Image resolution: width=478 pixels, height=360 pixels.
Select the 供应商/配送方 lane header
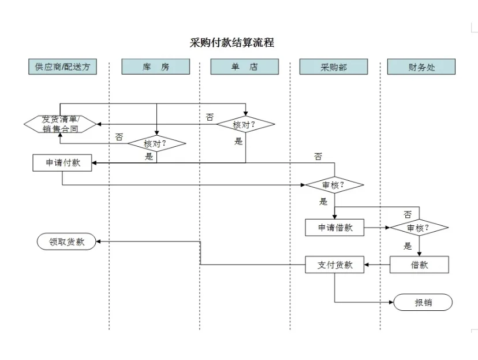[x=62, y=67]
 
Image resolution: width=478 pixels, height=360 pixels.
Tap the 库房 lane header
[x=155, y=67]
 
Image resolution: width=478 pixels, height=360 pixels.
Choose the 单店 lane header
[x=244, y=67]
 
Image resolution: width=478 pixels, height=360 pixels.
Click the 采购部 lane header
[x=333, y=67]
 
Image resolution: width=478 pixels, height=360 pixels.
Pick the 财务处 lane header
[x=421, y=67]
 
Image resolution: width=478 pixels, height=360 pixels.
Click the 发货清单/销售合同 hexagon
[x=60, y=124]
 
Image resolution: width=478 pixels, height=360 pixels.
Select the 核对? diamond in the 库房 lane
[x=156, y=143]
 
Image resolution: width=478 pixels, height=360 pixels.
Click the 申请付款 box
[x=62, y=163]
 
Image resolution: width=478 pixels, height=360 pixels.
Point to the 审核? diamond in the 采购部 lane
[x=334, y=185]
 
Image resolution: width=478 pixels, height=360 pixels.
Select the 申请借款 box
[x=334, y=228]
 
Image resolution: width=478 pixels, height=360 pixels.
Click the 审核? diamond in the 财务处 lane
[x=419, y=228]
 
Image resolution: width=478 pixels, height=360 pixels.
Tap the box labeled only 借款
[x=419, y=265]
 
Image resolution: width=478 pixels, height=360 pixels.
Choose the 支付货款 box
[x=334, y=265]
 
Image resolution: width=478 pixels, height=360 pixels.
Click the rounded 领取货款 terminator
[x=66, y=242]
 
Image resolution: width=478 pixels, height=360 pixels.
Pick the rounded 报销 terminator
[x=423, y=302]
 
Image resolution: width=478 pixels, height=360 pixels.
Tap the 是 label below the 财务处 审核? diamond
[x=408, y=246]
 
